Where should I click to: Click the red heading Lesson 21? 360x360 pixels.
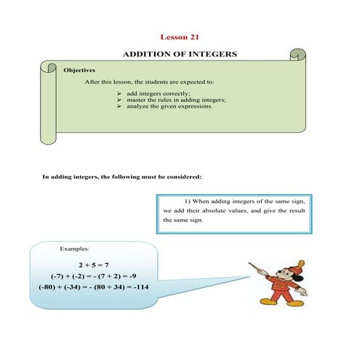point(180,36)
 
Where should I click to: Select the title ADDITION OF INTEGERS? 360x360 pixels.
point(180,55)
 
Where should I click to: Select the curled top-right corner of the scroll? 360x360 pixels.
point(297,55)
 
